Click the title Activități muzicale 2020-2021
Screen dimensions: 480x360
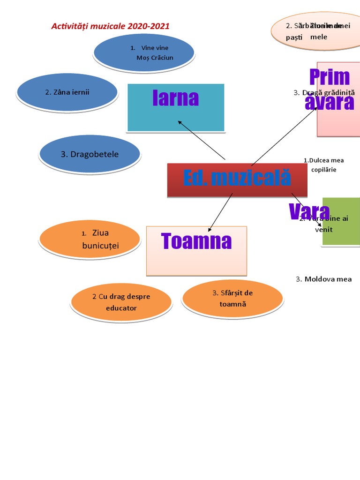click(x=110, y=26)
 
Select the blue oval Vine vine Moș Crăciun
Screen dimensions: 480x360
click(x=143, y=53)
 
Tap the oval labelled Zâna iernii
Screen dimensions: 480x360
click(x=67, y=92)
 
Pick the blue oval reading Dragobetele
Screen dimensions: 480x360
click(x=90, y=154)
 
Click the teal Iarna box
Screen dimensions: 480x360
click(x=176, y=107)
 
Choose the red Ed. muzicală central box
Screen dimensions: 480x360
click(x=237, y=179)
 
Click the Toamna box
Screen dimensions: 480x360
click(x=196, y=251)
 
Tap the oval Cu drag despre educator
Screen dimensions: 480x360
click(x=121, y=302)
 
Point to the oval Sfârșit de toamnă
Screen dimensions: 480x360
click(x=232, y=298)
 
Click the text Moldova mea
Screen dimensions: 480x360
click(x=324, y=279)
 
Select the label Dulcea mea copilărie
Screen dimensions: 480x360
click(x=324, y=165)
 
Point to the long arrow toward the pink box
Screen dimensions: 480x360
click(x=284, y=136)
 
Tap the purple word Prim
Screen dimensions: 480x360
click(x=330, y=77)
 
